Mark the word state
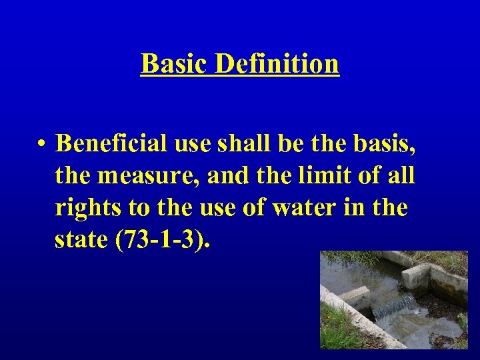click(x=81, y=240)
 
